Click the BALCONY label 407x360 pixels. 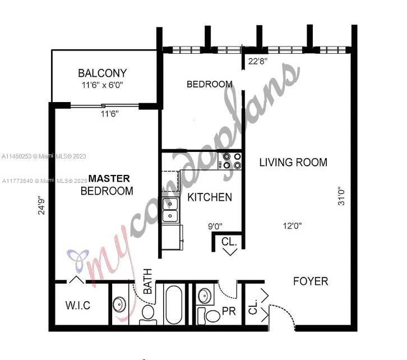(x=102, y=73)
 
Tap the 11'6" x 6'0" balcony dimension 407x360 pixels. (x=102, y=86)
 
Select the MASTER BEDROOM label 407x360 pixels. (x=107, y=184)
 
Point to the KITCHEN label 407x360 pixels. (x=209, y=197)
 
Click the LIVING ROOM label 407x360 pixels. (x=293, y=163)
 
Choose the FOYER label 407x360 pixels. (x=311, y=281)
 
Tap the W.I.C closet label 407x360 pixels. (x=77, y=306)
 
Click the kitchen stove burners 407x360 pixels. (x=232, y=160)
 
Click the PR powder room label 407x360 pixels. (x=228, y=311)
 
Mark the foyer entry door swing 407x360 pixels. (x=283, y=314)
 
